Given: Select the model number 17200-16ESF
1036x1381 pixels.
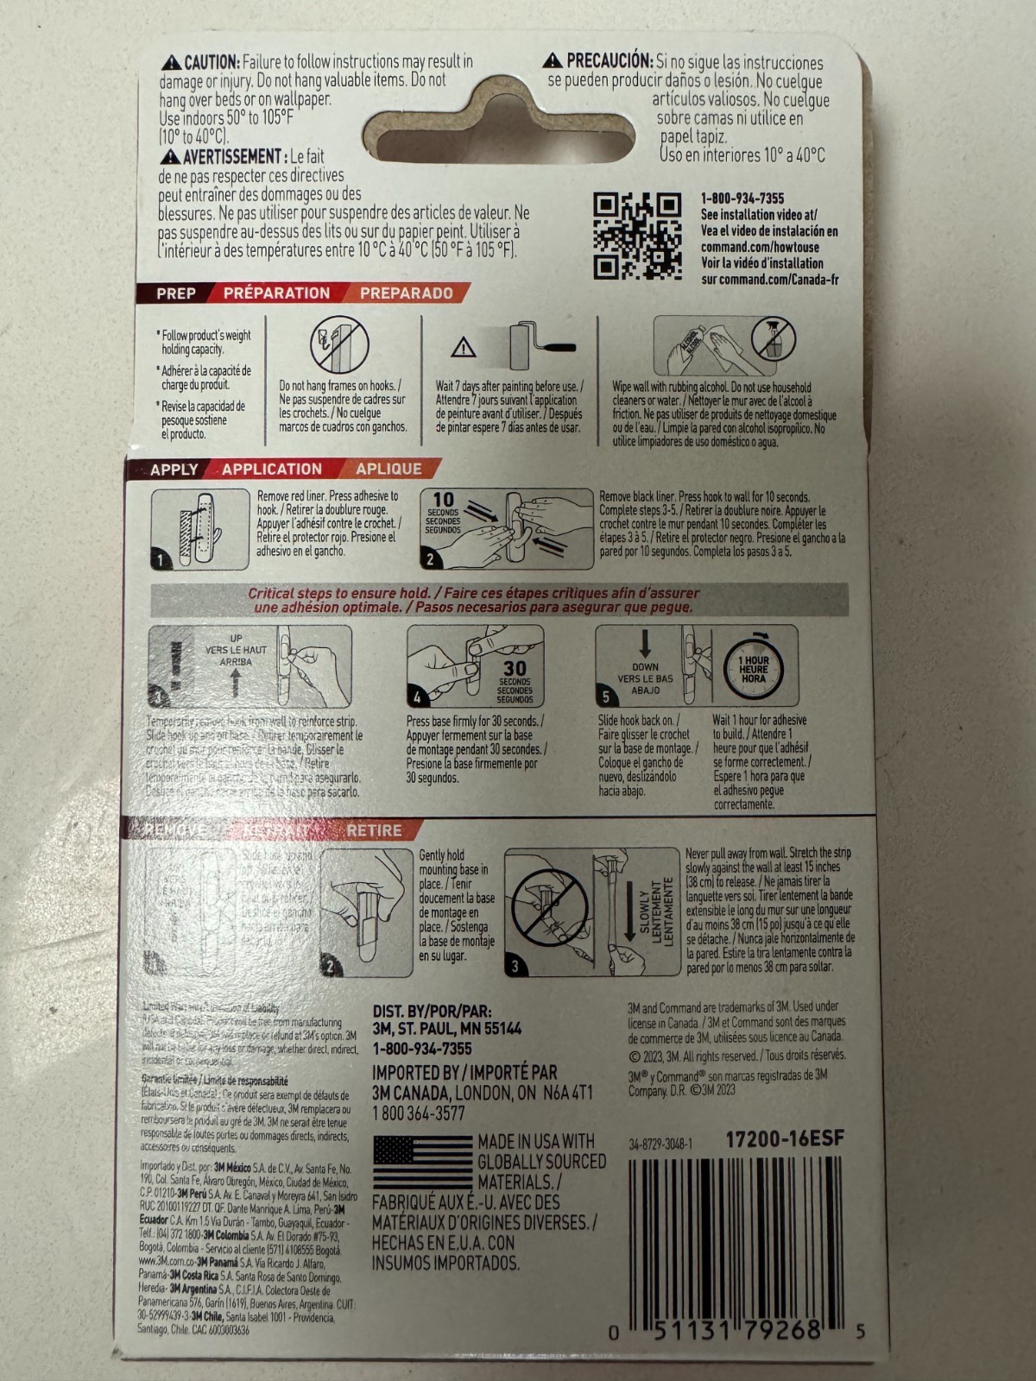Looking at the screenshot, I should [784, 1139].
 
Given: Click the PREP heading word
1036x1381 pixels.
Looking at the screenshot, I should [176, 293].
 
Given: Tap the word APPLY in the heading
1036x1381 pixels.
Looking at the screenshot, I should [174, 470].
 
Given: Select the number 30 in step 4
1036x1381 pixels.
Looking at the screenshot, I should [515, 667].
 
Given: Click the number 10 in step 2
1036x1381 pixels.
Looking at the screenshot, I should [443, 499].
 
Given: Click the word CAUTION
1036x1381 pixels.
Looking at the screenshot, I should [212, 62].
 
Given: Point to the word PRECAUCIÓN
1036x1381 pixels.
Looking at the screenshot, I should [609, 61].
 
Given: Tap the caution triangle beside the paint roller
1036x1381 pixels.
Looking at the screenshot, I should [464, 348].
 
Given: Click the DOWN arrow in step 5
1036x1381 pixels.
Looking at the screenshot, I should [644, 645].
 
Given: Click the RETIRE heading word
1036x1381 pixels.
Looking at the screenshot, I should [374, 830].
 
